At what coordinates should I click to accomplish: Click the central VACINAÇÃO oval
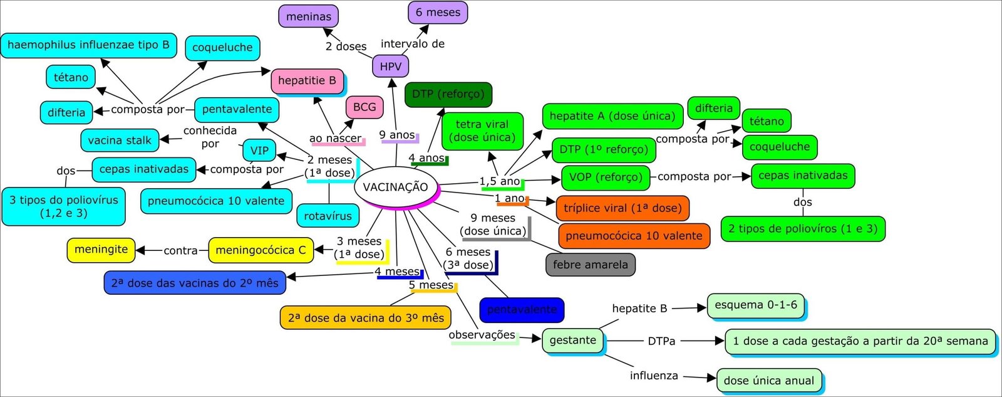395,187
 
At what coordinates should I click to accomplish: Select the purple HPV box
390,66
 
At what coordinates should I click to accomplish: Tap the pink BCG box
364,107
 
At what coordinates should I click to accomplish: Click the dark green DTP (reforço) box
448,94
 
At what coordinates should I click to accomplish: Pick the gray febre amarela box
590,265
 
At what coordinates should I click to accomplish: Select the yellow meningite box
101,250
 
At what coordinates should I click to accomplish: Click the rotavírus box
328,216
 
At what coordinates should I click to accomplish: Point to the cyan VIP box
259,151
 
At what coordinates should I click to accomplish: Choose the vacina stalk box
120,140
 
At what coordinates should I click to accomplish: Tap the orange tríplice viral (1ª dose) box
622,208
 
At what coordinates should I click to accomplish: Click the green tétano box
767,121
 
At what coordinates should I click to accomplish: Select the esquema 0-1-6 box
755,305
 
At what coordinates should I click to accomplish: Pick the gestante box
572,341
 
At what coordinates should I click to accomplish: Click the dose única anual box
768,381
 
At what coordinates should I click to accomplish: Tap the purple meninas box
308,17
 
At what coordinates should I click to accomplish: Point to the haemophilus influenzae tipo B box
88,45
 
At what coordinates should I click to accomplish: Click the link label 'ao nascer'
335,139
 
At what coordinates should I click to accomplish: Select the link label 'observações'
482,336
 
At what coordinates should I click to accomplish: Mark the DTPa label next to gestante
661,341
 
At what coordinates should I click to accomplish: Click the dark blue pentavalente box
522,310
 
